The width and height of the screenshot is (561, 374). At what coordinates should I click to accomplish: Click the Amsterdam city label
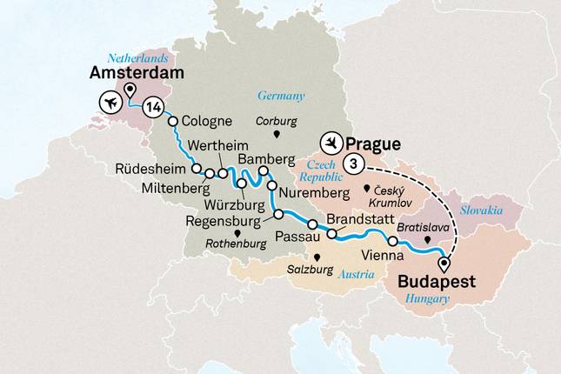(137, 75)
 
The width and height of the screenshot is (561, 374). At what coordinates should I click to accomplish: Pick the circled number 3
(352, 163)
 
